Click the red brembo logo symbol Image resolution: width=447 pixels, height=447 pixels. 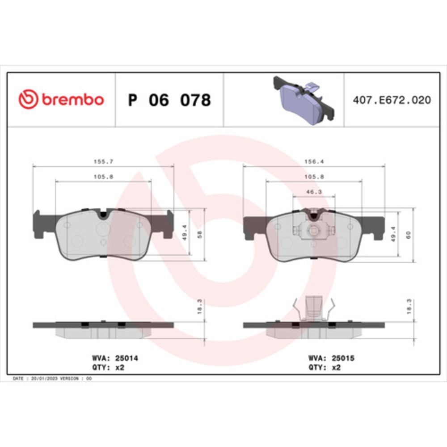coord(28,99)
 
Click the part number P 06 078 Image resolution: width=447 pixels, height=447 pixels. coord(169,100)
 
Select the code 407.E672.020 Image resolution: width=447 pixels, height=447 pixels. coord(392,100)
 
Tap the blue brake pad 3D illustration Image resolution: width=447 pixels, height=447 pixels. coord(304,100)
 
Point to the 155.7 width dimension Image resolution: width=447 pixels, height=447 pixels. coord(104,162)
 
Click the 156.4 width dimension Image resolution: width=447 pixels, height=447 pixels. coord(314,162)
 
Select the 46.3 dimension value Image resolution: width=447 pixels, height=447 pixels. coord(314,192)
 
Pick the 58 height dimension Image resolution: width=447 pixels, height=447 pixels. coord(200,235)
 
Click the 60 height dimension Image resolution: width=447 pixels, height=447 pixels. coord(409,235)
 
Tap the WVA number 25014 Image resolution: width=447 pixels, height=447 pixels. coord(127,358)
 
